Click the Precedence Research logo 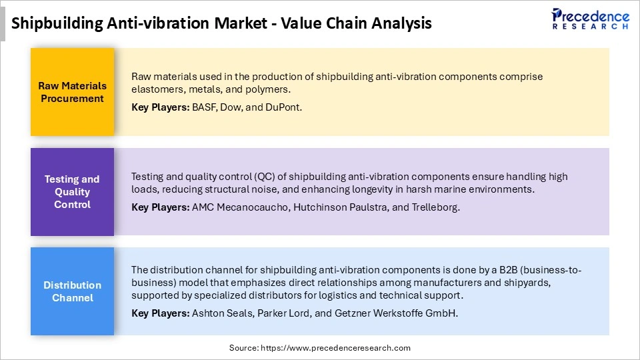tap(590, 18)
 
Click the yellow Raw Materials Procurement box tap(73, 92)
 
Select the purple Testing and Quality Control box tap(73, 192)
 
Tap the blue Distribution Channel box tap(73, 291)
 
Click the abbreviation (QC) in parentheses tap(264, 177)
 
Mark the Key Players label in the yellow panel tap(160, 107)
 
